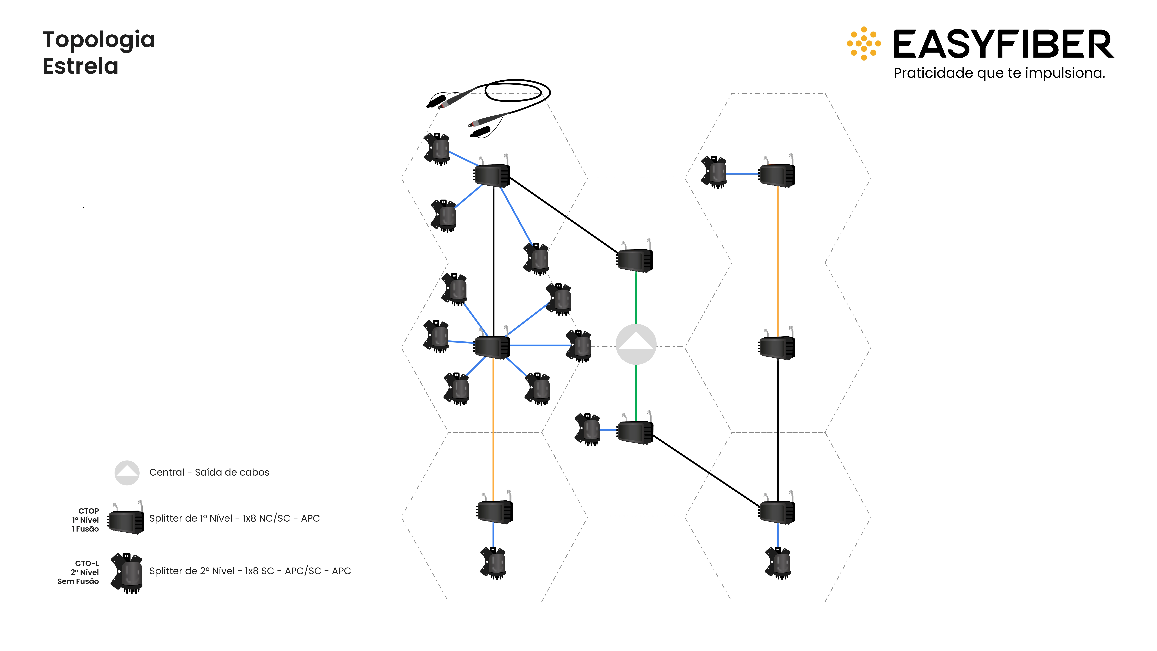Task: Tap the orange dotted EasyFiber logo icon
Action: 863,44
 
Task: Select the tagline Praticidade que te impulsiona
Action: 999,73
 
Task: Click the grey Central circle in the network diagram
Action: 636,344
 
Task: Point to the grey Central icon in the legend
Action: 127,473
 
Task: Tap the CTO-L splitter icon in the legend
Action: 128,573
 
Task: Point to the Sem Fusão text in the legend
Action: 78,581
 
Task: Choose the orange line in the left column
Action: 493,427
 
